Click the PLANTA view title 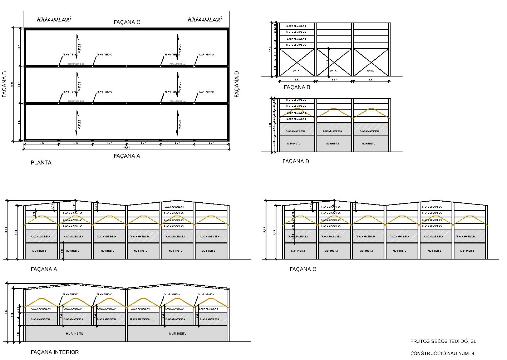coord(41,163)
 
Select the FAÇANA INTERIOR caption coord(55,352)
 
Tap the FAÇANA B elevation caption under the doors coord(297,87)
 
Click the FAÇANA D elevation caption coord(296,161)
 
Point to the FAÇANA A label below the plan coord(127,156)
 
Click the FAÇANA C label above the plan coord(127,22)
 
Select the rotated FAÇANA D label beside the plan coord(237,84)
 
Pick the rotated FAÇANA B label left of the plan coord(4,84)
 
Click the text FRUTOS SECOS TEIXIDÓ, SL coord(443,341)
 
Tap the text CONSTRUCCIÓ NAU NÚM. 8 coord(442,354)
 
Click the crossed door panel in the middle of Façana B coord(334,62)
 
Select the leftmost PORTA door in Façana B coord(297,62)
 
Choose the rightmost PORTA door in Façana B coord(371,62)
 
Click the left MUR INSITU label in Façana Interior coord(74,334)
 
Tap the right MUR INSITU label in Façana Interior coord(178,334)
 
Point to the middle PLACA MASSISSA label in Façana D coord(332,131)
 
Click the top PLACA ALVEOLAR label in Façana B coord(296,26)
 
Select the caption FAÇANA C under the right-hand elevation coord(303,269)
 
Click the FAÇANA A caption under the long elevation coord(44,269)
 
